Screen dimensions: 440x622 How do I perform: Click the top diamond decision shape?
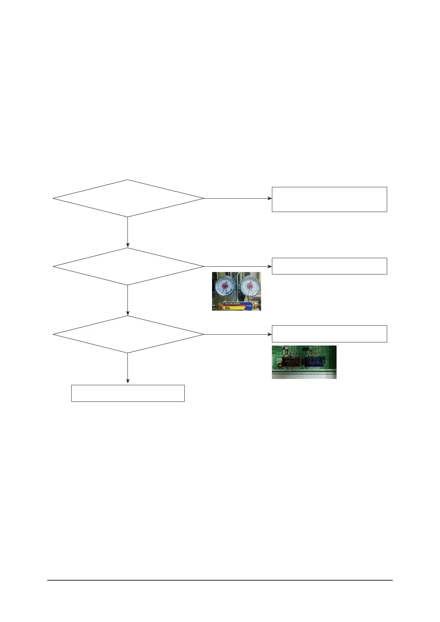[128, 198]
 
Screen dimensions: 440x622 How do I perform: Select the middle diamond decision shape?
[128, 266]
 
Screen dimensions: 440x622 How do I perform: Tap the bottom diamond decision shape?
[128, 334]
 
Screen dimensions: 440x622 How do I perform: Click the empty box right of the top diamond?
[329, 199]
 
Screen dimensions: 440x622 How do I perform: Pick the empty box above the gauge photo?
[329, 266]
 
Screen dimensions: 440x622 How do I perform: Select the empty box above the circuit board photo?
[329, 334]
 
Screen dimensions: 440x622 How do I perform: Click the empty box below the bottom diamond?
[128, 393]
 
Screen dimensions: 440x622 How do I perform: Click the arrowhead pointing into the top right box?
[270, 198]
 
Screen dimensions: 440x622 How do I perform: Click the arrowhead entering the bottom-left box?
[128, 381]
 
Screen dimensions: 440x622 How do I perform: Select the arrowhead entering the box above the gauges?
[270, 266]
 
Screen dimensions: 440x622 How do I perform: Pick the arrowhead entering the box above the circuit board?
[270, 334]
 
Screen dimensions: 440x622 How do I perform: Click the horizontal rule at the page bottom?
[220, 580]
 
